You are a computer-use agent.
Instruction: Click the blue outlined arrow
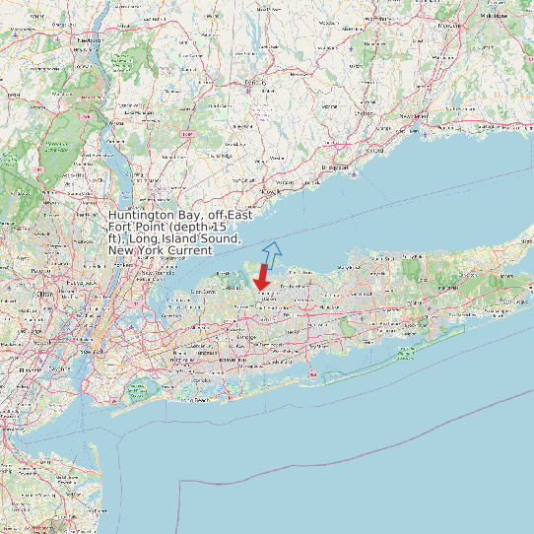pos(272,253)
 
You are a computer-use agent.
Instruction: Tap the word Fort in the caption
pos(120,227)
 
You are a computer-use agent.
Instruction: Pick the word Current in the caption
pos(188,250)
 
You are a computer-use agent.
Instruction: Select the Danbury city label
pos(255,83)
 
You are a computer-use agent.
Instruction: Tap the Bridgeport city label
pos(338,167)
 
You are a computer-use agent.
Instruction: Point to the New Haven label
pos(412,116)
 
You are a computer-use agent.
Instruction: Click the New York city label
pos(95,351)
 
